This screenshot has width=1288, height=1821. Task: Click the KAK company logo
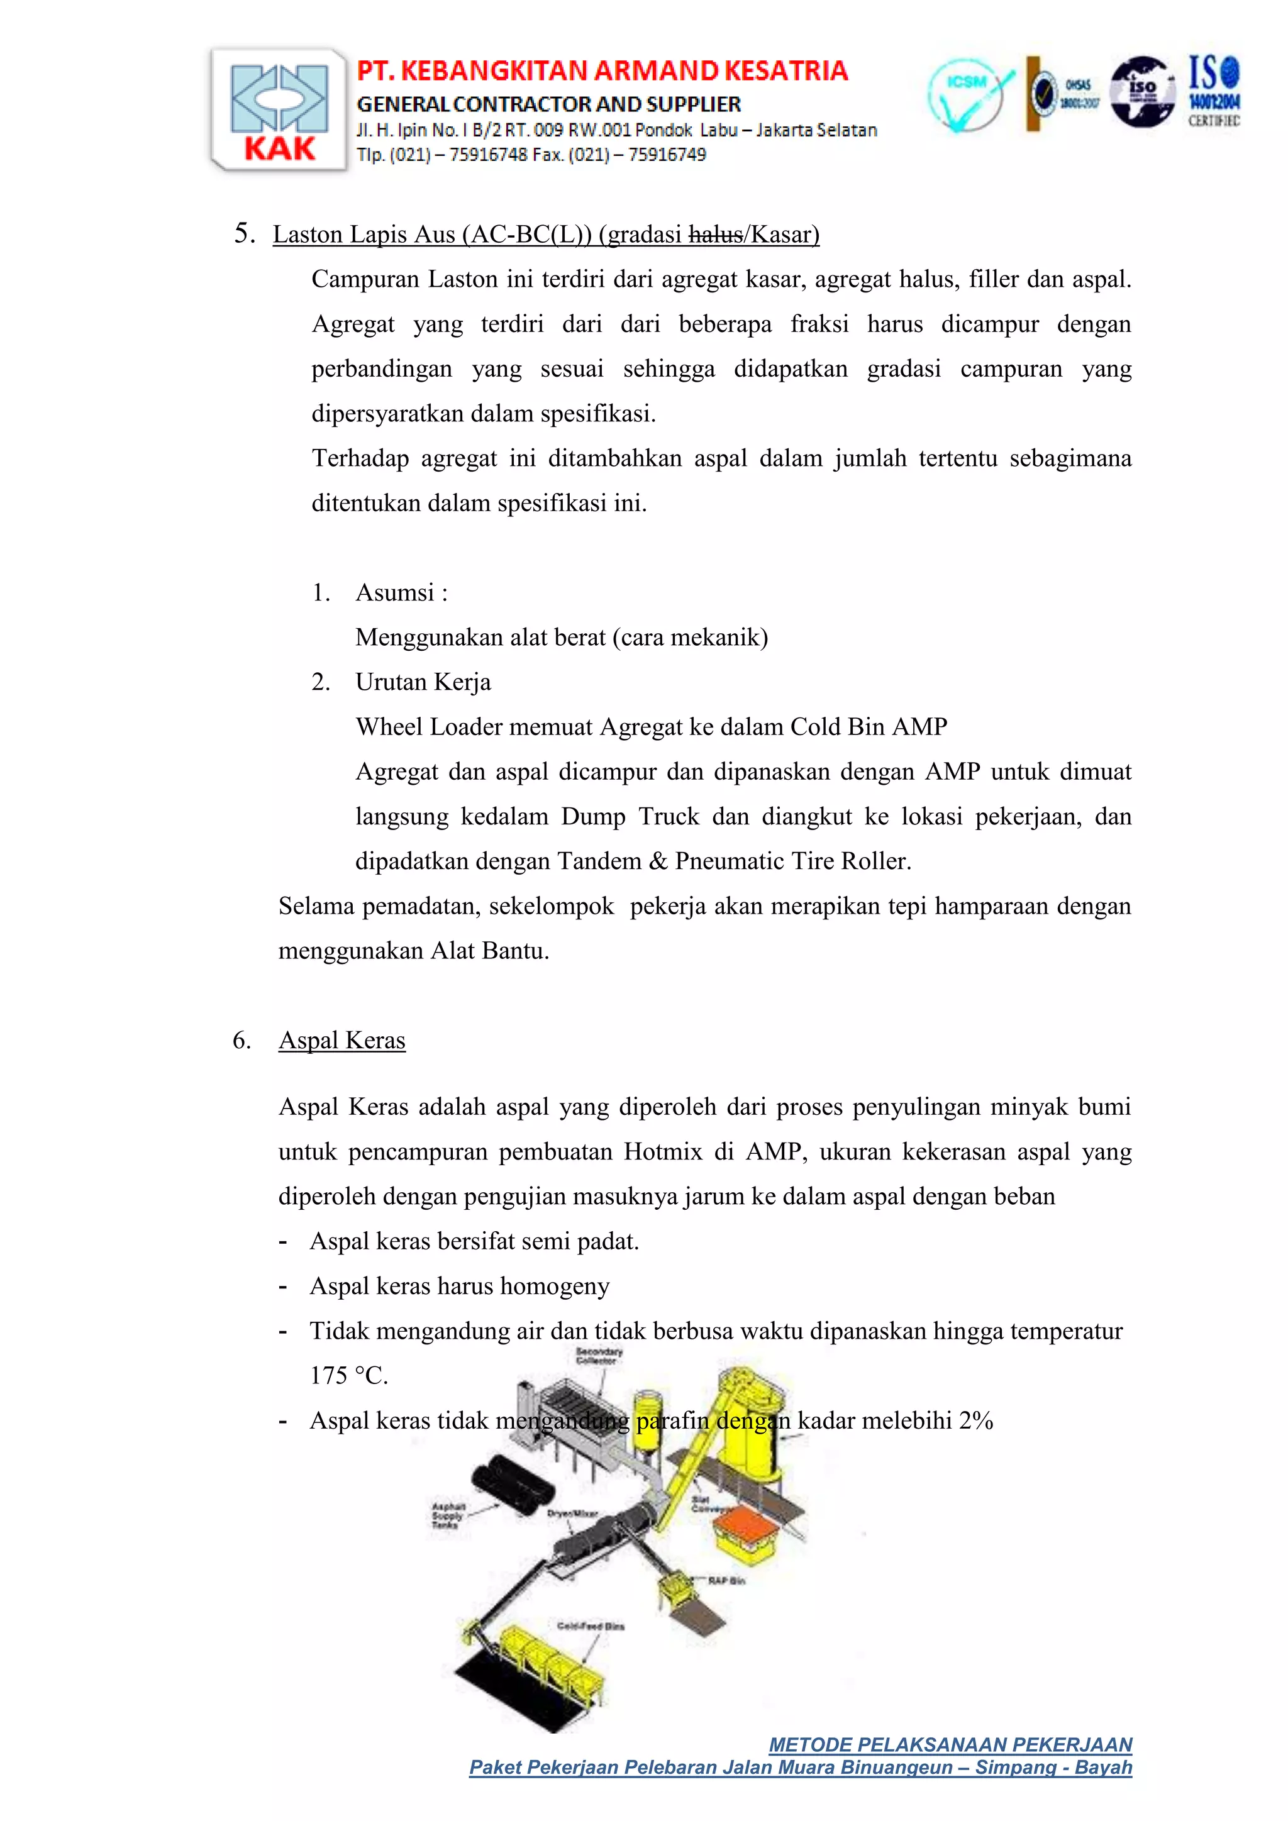[x=279, y=109]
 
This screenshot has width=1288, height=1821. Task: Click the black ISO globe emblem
[x=1141, y=91]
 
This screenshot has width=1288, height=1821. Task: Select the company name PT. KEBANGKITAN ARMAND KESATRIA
[x=602, y=72]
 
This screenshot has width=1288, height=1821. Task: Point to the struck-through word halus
[x=715, y=235]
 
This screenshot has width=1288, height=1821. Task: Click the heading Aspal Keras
[x=342, y=1040]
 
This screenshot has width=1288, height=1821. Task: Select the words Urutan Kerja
[x=423, y=682]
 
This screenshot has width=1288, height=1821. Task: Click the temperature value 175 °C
[x=349, y=1375]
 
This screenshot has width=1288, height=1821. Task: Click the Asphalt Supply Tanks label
[x=447, y=1515]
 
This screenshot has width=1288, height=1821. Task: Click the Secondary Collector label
[x=599, y=1356]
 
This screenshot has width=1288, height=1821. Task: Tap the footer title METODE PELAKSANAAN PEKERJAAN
[x=950, y=1745]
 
